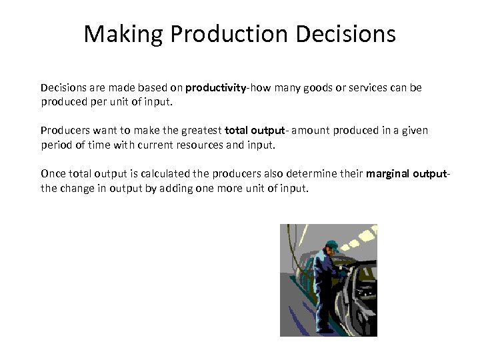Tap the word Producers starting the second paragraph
(65, 131)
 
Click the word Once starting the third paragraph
(53, 174)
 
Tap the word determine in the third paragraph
(309, 174)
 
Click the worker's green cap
(332, 244)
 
